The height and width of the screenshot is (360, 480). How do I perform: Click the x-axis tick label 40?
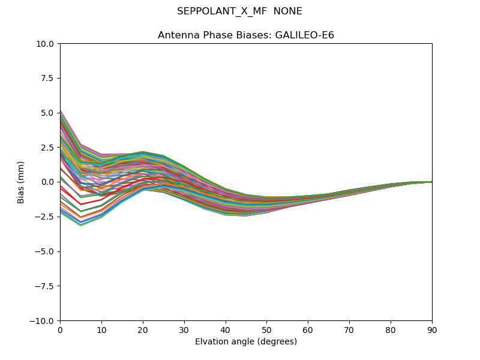click(x=226, y=329)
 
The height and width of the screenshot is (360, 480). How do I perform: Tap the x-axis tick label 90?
click(x=432, y=329)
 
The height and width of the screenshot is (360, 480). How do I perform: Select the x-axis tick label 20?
click(x=143, y=329)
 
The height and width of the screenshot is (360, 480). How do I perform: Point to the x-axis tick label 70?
click(x=349, y=329)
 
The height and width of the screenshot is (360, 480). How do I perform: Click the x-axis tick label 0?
click(x=60, y=329)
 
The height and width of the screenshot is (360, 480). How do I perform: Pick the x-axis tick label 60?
click(x=308, y=329)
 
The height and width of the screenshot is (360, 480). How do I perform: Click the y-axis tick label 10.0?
click(x=46, y=44)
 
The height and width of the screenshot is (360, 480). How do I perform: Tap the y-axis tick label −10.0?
click(x=43, y=321)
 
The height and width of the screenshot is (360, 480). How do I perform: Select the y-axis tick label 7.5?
click(x=49, y=79)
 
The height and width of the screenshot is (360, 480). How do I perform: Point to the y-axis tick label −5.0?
click(x=46, y=251)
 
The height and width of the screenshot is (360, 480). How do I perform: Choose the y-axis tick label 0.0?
click(x=49, y=182)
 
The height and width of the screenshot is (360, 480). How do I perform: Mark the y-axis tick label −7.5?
click(x=46, y=286)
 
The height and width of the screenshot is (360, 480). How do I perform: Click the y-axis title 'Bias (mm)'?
click(x=21, y=182)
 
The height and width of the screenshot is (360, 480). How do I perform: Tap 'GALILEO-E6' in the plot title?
click(x=304, y=35)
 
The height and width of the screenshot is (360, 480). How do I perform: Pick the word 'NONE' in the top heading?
click(x=287, y=11)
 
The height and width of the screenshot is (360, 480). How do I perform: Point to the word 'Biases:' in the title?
click(x=254, y=35)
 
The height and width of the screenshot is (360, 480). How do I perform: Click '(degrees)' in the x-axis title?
click(x=275, y=342)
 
